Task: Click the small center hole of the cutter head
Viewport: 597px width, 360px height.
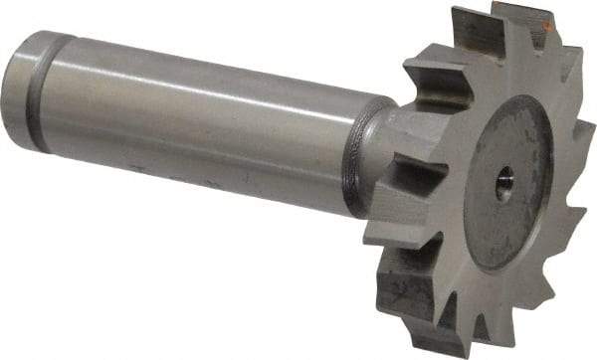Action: pyautogui.click(x=504, y=187)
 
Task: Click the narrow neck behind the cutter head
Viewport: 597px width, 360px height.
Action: pyautogui.click(x=385, y=149)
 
